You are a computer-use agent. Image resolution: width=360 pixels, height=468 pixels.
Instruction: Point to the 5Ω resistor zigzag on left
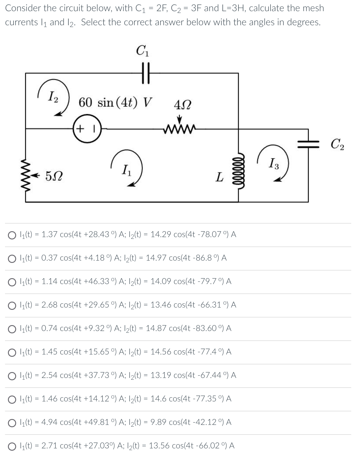(26, 176)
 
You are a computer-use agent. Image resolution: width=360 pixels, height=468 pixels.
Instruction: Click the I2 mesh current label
(53, 96)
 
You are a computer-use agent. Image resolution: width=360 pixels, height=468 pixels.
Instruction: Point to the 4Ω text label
(182, 105)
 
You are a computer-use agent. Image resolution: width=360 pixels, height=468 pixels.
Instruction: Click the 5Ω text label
(54, 177)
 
